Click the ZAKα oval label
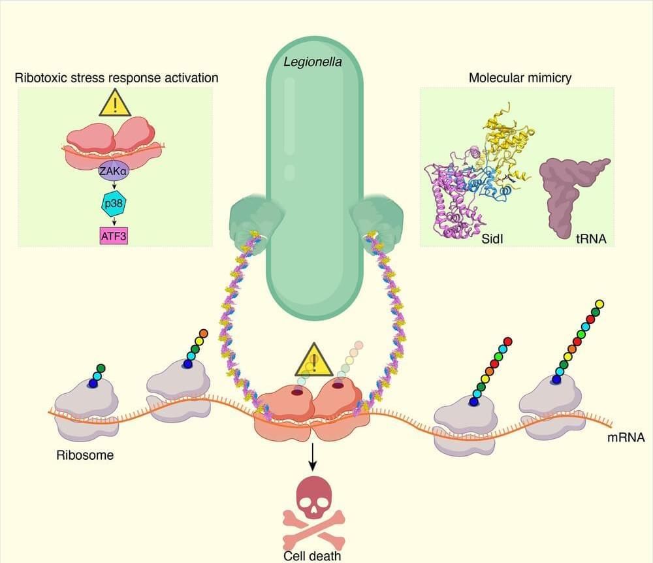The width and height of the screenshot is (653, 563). pyautogui.click(x=113, y=172)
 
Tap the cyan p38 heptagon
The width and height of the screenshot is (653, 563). pyautogui.click(x=114, y=204)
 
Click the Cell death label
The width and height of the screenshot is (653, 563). pyautogui.click(x=312, y=556)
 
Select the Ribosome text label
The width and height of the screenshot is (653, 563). pyautogui.click(x=84, y=455)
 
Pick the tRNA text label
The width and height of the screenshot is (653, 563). pyautogui.click(x=592, y=240)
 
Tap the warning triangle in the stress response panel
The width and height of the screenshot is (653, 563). pyautogui.click(x=114, y=103)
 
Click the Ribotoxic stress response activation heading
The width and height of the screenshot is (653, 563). pyautogui.click(x=116, y=78)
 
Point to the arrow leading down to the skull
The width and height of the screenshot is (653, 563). pyautogui.click(x=313, y=457)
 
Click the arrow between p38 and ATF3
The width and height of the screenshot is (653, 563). pyautogui.click(x=114, y=219)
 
